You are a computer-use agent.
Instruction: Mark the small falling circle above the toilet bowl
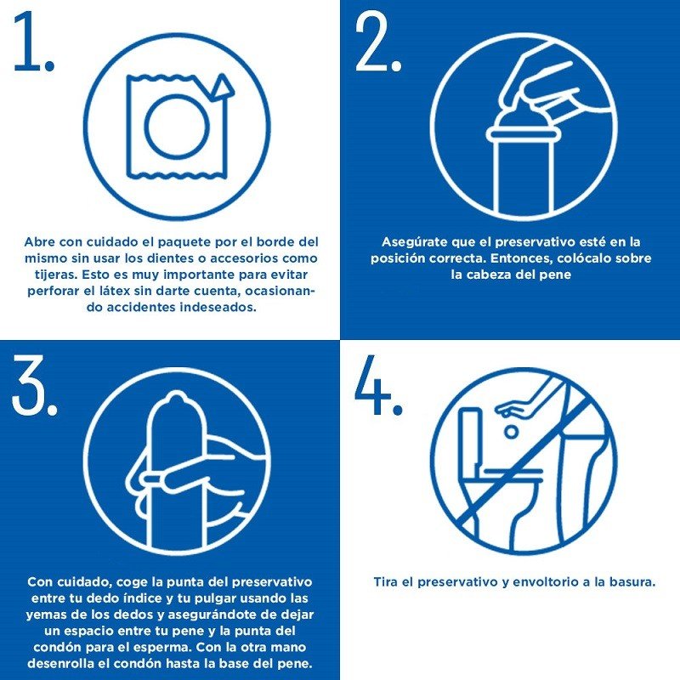point(511,431)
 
